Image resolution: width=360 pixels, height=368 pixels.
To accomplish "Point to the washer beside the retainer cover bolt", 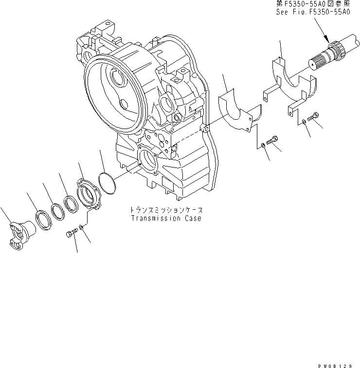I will [x=83, y=227].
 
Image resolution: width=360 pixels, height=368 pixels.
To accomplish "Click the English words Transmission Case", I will [x=165, y=219].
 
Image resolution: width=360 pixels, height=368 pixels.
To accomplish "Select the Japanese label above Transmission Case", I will [x=165, y=210].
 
